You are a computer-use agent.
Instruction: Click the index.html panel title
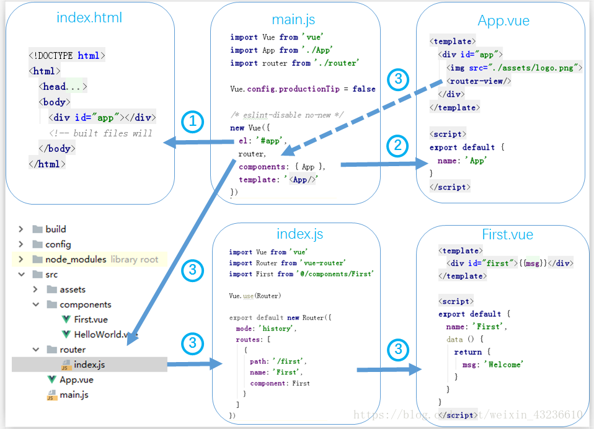pyautogui.click(x=89, y=17)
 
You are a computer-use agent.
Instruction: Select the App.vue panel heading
pyautogui.click(x=503, y=20)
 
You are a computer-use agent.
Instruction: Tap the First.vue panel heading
pyautogui.click(x=507, y=234)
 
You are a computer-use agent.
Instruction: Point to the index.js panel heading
pyautogui.click(x=299, y=234)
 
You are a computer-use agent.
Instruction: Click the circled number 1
pyautogui.click(x=193, y=122)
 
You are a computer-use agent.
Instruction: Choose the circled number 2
pyautogui.click(x=398, y=146)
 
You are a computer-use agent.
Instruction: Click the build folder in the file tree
pyautogui.click(x=55, y=229)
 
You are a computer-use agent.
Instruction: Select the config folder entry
pyautogui.click(x=58, y=244)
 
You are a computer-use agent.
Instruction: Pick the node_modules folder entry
pyautogui.click(x=76, y=259)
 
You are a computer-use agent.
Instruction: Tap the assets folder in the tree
pyautogui.click(x=73, y=290)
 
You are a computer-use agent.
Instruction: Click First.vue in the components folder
pyautogui.click(x=91, y=320)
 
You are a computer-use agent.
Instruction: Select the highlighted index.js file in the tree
pyautogui.click(x=89, y=365)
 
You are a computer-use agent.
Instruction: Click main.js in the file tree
pyautogui.click(x=74, y=395)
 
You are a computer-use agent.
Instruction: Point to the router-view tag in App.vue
pyautogui.click(x=479, y=81)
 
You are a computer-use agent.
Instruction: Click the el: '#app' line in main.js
pyautogui.click(x=260, y=141)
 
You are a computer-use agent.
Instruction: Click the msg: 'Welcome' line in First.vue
pyautogui.click(x=492, y=365)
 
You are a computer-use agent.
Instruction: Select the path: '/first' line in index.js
pyautogui.click(x=278, y=361)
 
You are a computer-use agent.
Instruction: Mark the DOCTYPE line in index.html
pyautogui.click(x=67, y=56)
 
